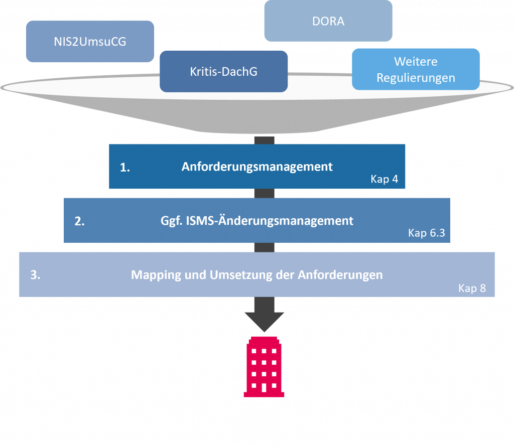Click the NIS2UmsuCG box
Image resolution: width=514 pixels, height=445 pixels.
pyautogui.click(x=90, y=42)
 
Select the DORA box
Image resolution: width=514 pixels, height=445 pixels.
pyautogui.click(x=328, y=21)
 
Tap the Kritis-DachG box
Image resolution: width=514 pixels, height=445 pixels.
pyautogui.click(x=223, y=71)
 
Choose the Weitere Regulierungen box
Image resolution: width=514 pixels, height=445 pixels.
pyautogui.click(x=416, y=69)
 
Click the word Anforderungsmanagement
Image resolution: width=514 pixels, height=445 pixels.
pyautogui.click(x=257, y=167)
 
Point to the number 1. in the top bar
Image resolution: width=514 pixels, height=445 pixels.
pyautogui.click(x=125, y=168)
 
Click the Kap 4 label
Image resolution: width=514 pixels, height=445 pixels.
pyautogui.click(x=384, y=179)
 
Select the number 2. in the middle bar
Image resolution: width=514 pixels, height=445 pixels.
pyautogui.click(x=79, y=221)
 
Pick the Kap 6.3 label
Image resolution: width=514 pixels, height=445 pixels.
pyautogui.click(x=426, y=233)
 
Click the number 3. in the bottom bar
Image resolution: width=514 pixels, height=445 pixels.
pyautogui.click(x=35, y=275)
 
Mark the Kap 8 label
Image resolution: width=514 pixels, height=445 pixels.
pyautogui.click(x=472, y=288)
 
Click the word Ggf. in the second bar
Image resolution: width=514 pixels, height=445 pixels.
pyautogui.click(x=172, y=221)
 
